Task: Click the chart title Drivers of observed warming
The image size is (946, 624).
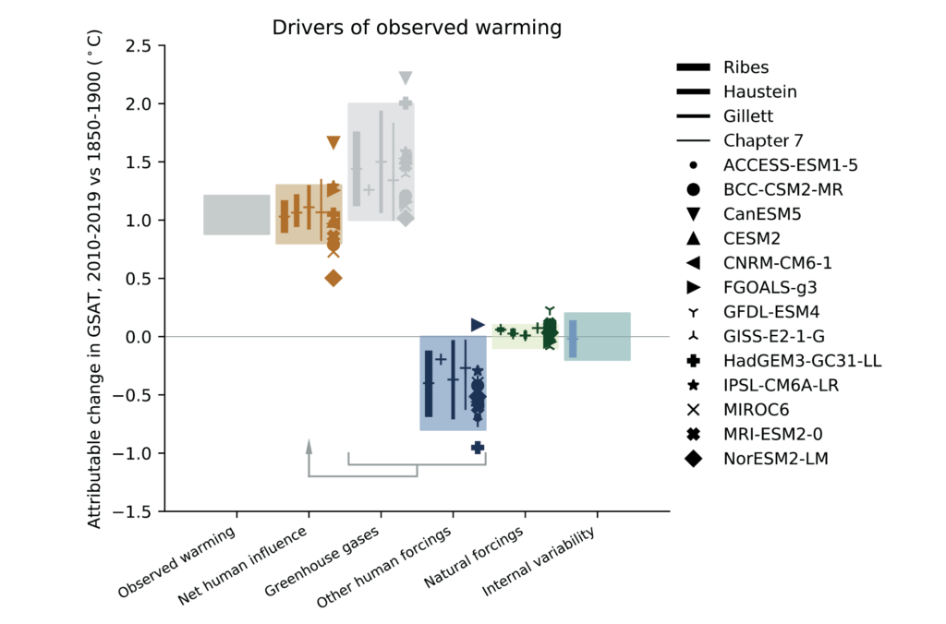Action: (x=417, y=28)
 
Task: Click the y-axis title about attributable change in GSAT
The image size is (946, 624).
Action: (x=96, y=279)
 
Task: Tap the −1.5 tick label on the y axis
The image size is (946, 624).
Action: (x=136, y=510)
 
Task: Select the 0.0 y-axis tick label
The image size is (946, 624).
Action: (x=140, y=337)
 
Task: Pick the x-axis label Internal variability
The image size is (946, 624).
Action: (x=540, y=562)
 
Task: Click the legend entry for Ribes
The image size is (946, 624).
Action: (x=746, y=67)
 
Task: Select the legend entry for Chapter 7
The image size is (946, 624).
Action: (x=763, y=141)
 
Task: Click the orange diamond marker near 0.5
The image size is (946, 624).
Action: (x=334, y=278)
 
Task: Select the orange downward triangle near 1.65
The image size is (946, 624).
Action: (x=334, y=143)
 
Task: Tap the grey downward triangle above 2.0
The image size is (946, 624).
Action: (x=406, y=78)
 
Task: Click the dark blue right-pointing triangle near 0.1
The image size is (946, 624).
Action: (x=478, y=325)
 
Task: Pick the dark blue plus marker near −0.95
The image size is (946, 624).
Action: (x=478, y=448)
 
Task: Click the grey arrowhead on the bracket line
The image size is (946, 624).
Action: (x=309, y=445)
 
